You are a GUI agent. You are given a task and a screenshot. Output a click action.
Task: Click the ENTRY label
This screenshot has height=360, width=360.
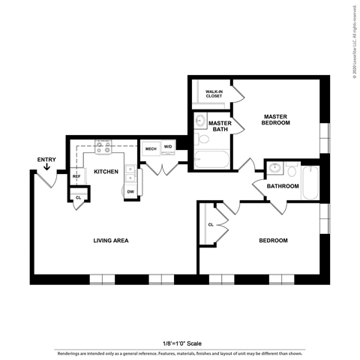point(46,159)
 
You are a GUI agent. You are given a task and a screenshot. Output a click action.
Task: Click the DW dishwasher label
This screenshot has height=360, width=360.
point(130,191)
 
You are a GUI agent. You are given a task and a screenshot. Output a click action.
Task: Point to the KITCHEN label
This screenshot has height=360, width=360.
point(105,172)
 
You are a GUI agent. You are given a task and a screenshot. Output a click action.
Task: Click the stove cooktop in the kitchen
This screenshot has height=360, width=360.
point(102,151)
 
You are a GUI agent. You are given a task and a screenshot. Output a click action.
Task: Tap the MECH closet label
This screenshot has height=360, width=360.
point(150,148)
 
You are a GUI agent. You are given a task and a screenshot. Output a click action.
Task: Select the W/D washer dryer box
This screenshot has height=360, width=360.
point(169,147)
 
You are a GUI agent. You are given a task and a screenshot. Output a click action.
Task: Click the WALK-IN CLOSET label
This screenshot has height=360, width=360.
point(215,94)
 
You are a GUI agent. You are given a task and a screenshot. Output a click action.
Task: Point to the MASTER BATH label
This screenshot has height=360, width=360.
point(219,126)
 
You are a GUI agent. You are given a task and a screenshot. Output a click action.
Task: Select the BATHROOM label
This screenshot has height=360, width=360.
point(283,186)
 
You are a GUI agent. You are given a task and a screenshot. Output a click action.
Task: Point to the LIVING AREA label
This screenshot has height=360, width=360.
point(111,241)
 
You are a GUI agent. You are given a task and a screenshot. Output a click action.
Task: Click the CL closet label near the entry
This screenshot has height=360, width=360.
point(77,197)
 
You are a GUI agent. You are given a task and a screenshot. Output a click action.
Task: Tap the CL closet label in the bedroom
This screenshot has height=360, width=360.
point(210,224)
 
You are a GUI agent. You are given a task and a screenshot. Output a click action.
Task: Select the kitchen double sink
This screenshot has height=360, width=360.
point(130,175)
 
